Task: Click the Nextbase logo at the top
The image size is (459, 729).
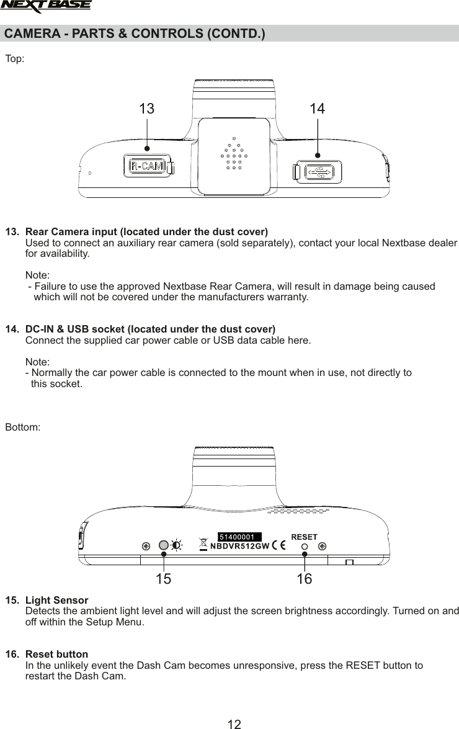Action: (x=46, y=6)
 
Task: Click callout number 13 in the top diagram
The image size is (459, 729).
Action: (x=146, y=109)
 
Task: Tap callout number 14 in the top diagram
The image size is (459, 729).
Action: (x=317, y=109)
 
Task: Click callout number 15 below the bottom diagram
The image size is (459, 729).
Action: (x=163, y=580)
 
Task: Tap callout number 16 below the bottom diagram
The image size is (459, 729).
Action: (x=304, y=580)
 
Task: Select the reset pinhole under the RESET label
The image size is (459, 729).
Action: (x=305, y=547)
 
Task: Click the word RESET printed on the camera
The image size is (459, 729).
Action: (x=304, y=537)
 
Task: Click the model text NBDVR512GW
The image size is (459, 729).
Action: (x=239, y=546)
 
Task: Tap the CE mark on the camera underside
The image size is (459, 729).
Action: (x=279, y=546)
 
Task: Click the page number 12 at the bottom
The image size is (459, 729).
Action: (x=234, y=723)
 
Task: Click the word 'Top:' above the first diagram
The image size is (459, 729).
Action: (x=15, y=59)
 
